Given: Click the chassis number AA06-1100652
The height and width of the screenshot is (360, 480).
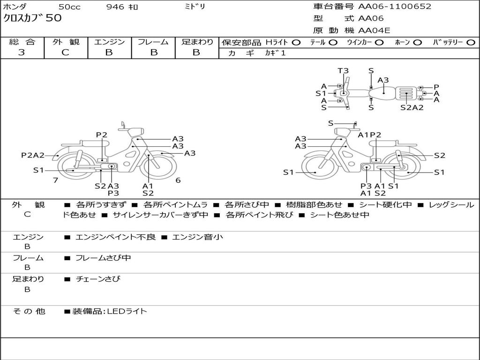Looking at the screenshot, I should tap(395, 7).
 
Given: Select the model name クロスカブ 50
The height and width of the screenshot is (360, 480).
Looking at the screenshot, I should tap(32, 19).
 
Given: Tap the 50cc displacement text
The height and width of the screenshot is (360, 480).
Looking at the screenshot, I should tap(69, 7).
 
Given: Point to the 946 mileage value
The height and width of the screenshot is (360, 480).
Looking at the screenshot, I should tap(115, 7).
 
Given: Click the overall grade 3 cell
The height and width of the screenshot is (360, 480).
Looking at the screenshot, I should tap(22, 52).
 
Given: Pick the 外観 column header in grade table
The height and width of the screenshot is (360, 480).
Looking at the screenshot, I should tap(66, 42).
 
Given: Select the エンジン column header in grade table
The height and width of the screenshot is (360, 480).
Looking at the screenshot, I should tap(109, 42).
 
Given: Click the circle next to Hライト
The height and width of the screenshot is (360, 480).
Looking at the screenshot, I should tap(296, 42).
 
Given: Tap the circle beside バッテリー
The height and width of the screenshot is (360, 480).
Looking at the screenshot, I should tap(470, 42).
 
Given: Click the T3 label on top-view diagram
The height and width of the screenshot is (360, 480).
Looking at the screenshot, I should tap(343, 71).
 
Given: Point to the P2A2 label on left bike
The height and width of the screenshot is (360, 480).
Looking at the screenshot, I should tap(33, 155).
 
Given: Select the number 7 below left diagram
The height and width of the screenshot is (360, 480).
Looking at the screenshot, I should tap(55, 180).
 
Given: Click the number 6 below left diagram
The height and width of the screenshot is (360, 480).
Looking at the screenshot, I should tap(178, 180).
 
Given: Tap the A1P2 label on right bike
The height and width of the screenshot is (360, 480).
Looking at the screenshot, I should tap(369, 135).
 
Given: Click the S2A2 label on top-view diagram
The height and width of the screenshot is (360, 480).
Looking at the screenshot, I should tap(412, 107).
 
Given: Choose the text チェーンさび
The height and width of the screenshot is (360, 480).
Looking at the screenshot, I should tap(97, 279).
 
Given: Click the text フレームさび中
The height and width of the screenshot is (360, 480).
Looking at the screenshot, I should tap(103, 258).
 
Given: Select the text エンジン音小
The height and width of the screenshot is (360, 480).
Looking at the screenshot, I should tap(197, 237).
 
